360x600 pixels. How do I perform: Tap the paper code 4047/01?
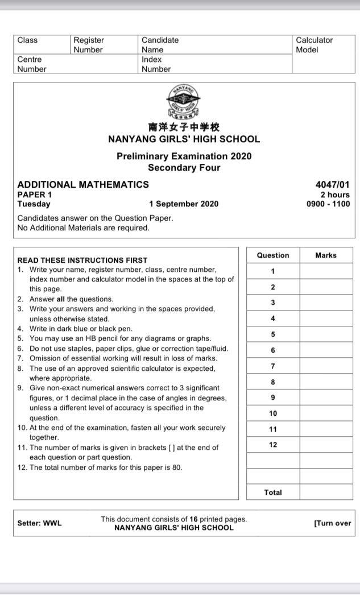tap(332, 184)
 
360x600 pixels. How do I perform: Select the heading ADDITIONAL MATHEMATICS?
tap(83, 184)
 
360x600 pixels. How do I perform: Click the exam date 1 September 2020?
tap(184, 204)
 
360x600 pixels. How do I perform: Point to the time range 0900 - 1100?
tap(328, 204)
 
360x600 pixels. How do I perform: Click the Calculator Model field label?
tap(315, 45)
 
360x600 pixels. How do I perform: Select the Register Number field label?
tap(89, 45)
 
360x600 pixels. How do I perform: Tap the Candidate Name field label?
tap(160, 45)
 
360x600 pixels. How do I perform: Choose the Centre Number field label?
tap(32, 64)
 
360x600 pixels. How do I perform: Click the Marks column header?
tap(326, 255)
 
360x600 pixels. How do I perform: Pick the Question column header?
tap(273, 255)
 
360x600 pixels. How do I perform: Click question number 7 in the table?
tap(273, 366)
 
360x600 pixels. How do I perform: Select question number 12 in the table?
tap(273, 445)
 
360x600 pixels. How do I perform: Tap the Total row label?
tap(273, 493)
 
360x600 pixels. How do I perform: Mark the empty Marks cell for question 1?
tap(326, 271)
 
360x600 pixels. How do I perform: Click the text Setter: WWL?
tap(39, 523)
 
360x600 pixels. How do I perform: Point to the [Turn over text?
tap(332, 523)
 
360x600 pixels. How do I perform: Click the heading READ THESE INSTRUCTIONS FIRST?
tap(82, 260)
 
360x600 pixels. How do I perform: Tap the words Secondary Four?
tap(184, 168)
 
